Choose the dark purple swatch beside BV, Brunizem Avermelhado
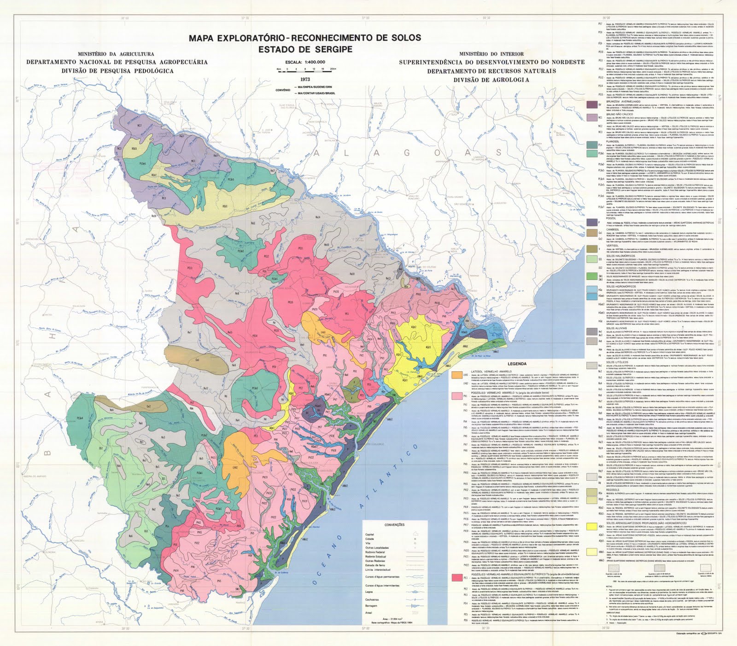[x=591, y=105]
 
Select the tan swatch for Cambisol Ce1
[x=591, y=234]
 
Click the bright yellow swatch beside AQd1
[x=591, y=526]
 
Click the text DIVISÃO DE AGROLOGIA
[x=491, y=79]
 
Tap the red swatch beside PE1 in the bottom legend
[x=457, y=577]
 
